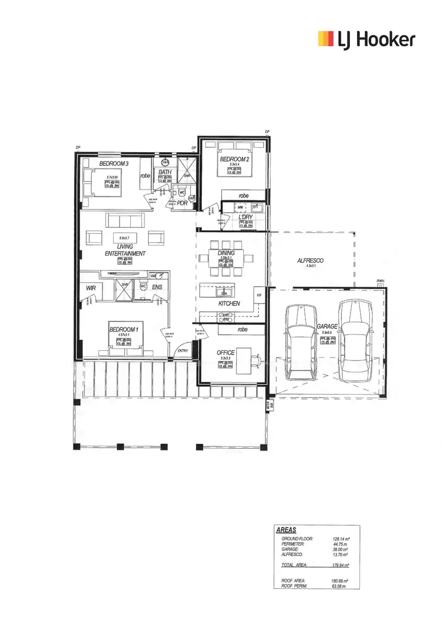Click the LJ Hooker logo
[367, 40]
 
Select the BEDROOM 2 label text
[235, 159]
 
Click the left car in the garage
[300, 343]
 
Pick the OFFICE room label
[226, 353]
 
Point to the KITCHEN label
[229, 302]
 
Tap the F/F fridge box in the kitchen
[259, 294]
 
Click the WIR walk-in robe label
[91, 288]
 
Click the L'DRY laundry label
[245, 217]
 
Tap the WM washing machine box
[240, 207]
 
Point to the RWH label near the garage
[380, 281]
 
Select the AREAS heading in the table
[287, 530]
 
